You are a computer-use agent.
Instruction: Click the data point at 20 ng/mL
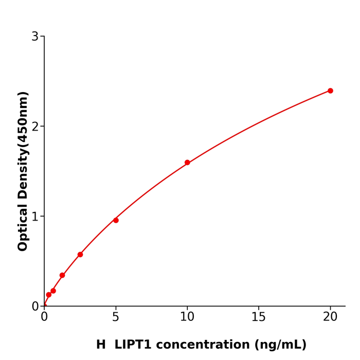click(330, 91)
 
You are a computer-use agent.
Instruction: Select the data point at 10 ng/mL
click(187, 163)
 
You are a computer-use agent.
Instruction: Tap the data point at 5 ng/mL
click(116, 220)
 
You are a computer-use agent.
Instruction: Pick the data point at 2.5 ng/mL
click(80, 255)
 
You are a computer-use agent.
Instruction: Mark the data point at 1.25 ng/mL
click(62, 275)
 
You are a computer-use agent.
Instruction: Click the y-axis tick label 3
click(35, 37)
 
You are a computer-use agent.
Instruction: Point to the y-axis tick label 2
click(35, 127)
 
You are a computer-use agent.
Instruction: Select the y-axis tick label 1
click(35, 217)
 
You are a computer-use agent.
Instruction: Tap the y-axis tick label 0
click(35, 307)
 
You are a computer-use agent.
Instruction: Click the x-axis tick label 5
click(116, 317)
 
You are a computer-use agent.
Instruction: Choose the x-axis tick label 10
click(187, 317)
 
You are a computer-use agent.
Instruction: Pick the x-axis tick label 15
click(259, 317)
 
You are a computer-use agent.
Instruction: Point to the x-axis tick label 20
click(330, 317)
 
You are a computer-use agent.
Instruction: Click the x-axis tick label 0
click(44, 317)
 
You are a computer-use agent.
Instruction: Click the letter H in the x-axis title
click(101, 345)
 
